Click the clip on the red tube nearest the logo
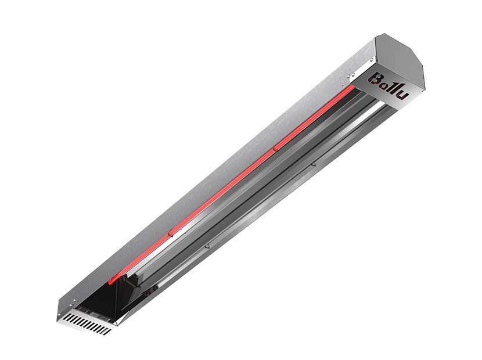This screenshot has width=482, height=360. coord(275,149)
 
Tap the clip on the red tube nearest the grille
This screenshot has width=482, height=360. coord(170,234)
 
